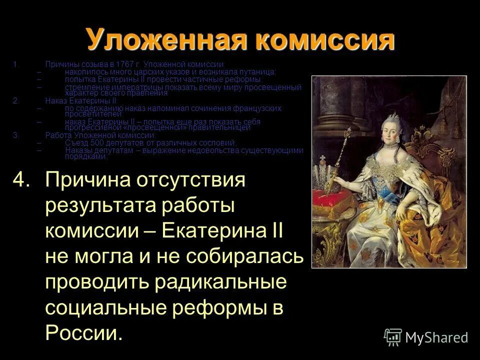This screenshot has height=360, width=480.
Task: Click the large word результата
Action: [97, 205]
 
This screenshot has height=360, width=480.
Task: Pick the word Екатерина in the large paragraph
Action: [216, 231]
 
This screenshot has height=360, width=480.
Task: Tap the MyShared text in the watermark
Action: [436, 337]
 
